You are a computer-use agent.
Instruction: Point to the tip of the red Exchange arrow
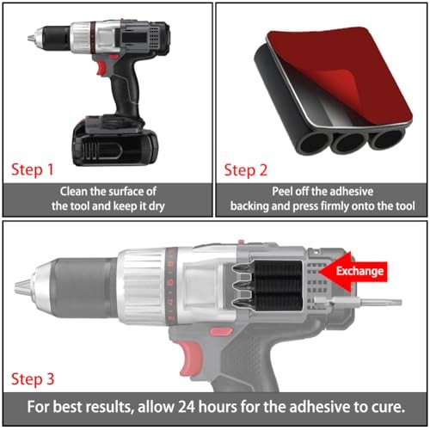[x=321, y=271]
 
